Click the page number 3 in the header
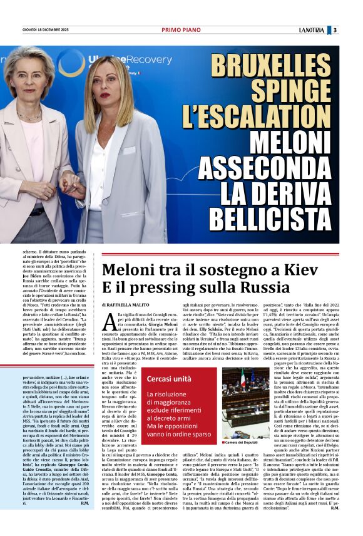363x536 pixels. (x=335, y=30)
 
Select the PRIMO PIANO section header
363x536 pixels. (x=181, y=30)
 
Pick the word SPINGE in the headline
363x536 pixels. (x=291, y=91)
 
